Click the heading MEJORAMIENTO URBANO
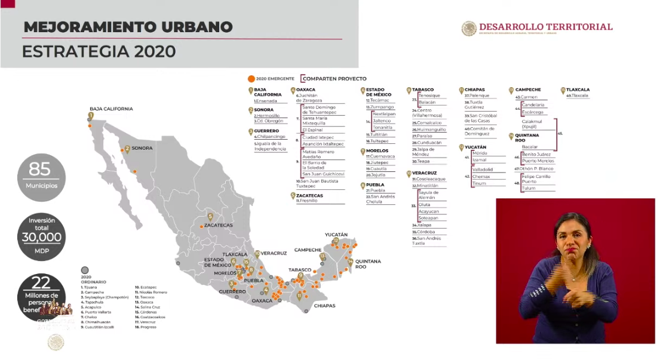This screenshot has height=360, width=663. point(127,27)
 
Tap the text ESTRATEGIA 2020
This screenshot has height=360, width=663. point(99,51)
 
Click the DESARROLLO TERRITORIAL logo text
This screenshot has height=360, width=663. point(545,27)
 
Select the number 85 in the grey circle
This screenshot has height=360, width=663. point(40,170)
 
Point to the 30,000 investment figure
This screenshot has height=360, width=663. point(41,237)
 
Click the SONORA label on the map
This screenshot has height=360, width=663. point(142,148)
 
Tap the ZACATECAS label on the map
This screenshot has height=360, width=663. point(218,225)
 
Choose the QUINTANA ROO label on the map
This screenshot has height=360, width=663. point(369,264)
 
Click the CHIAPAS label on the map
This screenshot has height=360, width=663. point(323,306)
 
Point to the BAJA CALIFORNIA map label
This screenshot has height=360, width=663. point(111,109)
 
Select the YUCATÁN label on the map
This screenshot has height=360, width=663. point(336,235)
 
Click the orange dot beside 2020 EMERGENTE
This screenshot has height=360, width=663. point(251,78)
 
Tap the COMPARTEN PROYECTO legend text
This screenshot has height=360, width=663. point(336,78)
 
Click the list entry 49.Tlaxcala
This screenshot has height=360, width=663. point(576,96)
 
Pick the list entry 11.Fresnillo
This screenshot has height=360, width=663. point(307,201)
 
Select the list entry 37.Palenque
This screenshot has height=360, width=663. point(478,96)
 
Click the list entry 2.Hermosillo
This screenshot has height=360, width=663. point(267,115)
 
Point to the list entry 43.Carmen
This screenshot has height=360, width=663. point(526,97)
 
